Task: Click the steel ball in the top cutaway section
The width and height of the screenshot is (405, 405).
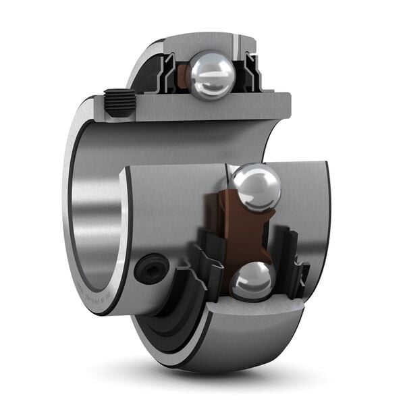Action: point(211,75)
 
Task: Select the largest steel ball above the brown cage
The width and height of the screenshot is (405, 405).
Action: point(255,188)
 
